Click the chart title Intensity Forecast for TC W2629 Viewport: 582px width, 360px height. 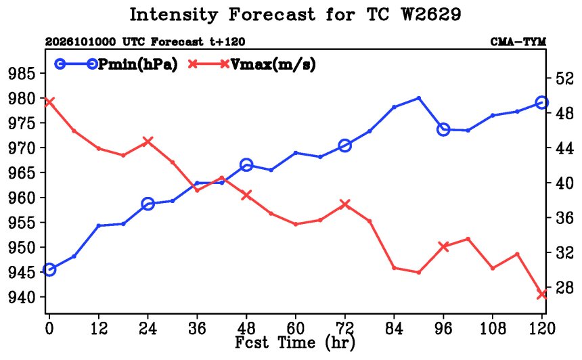tap(295, 16)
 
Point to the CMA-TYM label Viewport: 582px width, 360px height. tap(518, 42)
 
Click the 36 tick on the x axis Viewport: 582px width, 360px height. tap(197, 328)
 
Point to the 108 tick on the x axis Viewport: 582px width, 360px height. tap(493, 328)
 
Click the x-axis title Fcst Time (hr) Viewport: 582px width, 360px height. tap(295, 342)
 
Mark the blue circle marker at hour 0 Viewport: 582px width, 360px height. tap(49, 269)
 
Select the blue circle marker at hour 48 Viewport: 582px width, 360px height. tap(246, 165)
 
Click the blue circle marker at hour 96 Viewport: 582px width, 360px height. tap(443, 129)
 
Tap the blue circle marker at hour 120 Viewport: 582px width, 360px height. tap(542, 102)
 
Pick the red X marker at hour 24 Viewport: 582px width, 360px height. tap(148, 141)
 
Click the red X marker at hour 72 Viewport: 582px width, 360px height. tap(345, 204)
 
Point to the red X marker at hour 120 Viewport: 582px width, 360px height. tap(542, 294)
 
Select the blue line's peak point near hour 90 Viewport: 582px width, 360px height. tap(419, 98)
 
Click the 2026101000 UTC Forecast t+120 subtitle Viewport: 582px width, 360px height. tap(145, 42)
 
